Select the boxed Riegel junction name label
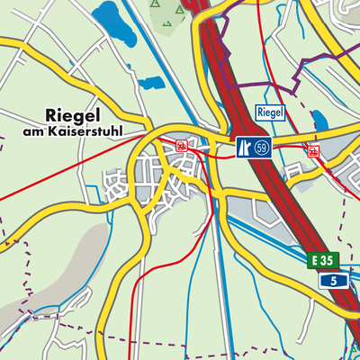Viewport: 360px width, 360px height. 270,112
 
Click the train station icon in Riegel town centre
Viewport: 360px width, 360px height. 182,145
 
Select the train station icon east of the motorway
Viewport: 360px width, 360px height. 312,150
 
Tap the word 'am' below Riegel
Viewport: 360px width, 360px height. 33,131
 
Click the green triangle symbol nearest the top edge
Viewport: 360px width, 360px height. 156,4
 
